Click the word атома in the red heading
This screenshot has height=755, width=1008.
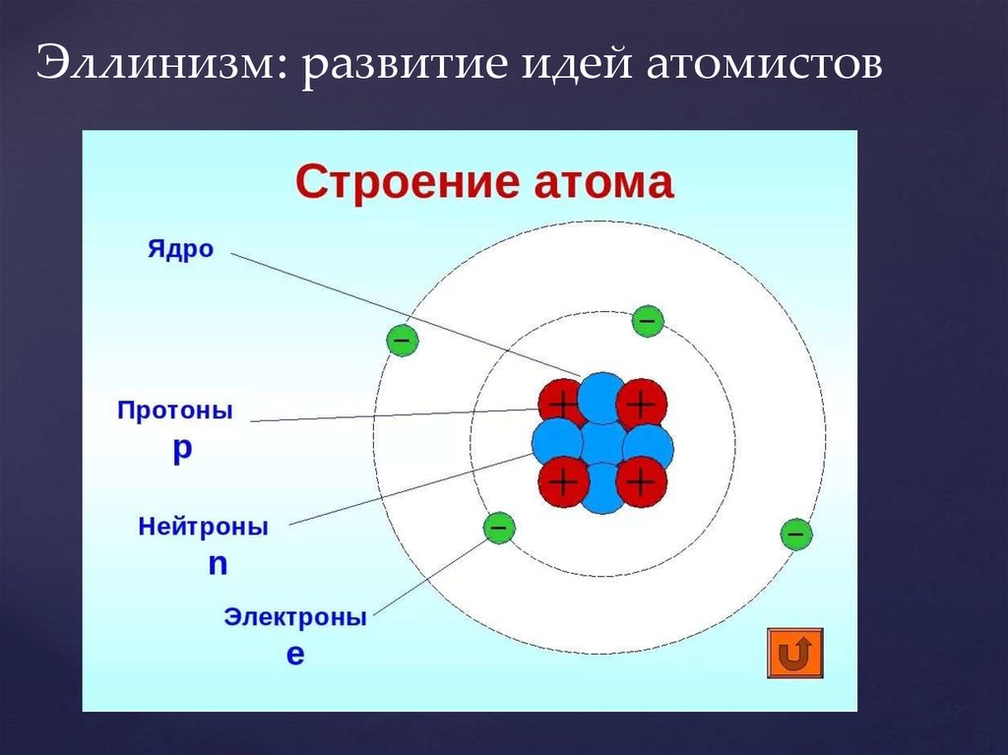coord(604,183)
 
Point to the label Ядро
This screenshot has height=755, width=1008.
coord(181,250)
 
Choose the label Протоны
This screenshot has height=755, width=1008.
coord(175,410)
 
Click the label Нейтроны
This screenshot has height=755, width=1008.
coord(203,527)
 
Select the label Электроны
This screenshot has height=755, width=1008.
coord(295,617)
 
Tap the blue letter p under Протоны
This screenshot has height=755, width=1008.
coord(182,450)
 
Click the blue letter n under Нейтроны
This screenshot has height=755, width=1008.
coord(218,564)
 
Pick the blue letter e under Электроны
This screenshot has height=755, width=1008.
coord(295,654)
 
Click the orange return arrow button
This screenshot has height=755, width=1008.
coord(795,653)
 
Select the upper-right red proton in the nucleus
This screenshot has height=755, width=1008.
coord(642,405)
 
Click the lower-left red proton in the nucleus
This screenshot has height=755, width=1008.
coord(563,481)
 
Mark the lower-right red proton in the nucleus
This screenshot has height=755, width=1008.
coord(641,481)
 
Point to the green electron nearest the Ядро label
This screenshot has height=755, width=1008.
coord(403,341)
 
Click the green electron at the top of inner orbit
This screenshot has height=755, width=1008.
coord(648,321)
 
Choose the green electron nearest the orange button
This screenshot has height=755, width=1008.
coord(795,534)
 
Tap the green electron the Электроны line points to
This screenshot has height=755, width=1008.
coord(499,529)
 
